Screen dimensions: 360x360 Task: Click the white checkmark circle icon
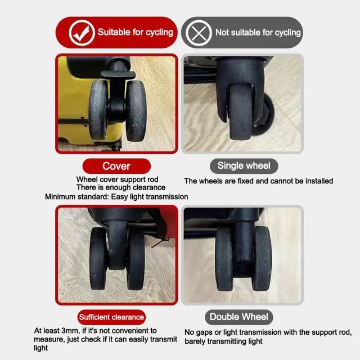tap(82, 33)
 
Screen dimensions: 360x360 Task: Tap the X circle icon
tap(199, 33)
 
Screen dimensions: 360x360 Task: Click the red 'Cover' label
tap(116, 166)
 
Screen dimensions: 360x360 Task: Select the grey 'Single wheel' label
tap(244, 166)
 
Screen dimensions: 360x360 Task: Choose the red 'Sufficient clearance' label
tap(111, 317)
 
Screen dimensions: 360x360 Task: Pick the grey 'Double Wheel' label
tap(238, 317)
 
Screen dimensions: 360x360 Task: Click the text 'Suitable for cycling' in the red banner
tap(136, 32)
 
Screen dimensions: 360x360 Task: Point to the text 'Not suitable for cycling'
tap(258, 33)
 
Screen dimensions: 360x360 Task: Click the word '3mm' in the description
tap(70, 331)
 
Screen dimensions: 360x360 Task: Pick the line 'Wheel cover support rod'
tap(118, 179)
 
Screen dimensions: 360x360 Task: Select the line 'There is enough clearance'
tap(121, 187)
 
